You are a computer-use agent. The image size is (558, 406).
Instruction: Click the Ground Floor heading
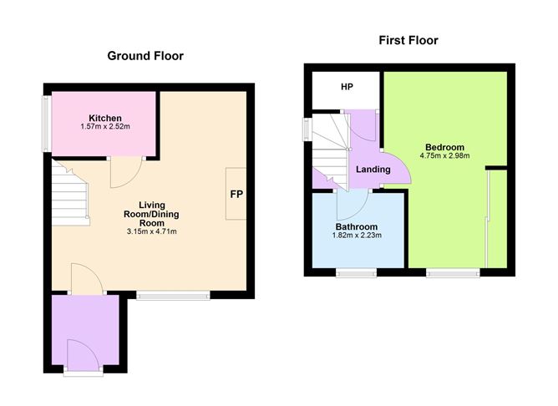click(x=145, y=56)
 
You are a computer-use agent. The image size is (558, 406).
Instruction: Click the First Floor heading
click(x=408, y=40)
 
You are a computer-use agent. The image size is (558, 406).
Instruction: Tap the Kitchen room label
click(x=105, y=118)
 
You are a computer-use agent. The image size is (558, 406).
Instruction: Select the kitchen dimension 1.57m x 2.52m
click(x=105, y=126)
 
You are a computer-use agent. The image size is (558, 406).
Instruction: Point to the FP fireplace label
click(x=236, y=194)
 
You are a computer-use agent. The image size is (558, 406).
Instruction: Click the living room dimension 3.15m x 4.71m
click(x=151, y=231)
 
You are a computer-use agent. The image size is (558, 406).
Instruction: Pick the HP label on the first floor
click(x=347, y=87)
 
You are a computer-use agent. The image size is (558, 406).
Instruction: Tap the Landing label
click(x=373, y=170)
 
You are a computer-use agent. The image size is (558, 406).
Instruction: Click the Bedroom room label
click(x=445, y=147)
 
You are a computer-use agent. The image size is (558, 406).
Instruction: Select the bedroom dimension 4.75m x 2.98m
click(x=445, y=155)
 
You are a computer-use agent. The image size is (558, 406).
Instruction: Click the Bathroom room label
click(x=357, y=226)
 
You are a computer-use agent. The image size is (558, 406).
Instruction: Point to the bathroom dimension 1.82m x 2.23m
click(x=357, y=236)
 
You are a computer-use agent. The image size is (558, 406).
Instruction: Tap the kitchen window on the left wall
click(x=46, y=123)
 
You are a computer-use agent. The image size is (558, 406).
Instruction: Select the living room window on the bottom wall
click(x=173, y=296)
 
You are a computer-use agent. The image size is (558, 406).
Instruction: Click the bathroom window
click(x=357, y=273)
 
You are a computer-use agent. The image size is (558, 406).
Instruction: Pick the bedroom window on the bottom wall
click(x=453, y=273)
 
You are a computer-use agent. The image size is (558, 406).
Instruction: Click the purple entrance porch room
click(x=85, y=330)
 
